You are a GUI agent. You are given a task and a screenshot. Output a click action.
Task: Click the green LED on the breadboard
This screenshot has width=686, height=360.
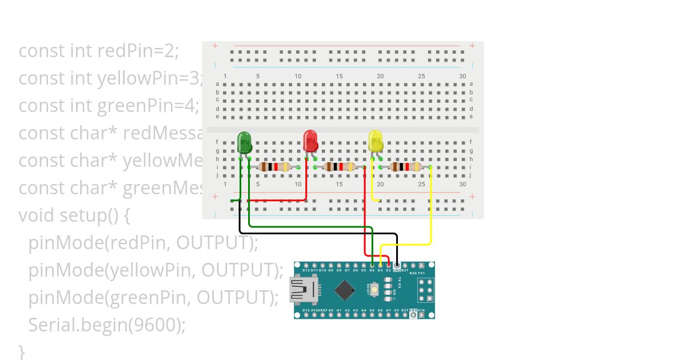click(x=244, y=142)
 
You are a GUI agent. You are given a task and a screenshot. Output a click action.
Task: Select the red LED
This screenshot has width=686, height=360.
click(x=310, y=141)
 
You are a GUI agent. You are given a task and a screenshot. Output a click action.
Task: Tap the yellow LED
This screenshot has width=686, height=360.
click(x=376, y=141)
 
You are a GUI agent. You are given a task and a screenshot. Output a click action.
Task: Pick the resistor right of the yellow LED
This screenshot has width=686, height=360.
click(x=405, y=167)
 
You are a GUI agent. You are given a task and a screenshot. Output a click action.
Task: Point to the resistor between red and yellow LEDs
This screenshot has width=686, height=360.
click(x=340, y=167)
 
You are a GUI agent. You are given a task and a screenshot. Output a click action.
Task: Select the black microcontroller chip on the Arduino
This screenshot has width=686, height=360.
click(x=344, y=290)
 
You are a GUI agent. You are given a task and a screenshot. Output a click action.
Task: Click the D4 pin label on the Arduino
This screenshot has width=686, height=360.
click(x=372, y=270)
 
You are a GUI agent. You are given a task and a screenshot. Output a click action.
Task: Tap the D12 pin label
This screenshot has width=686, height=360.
click(x=307, y=270)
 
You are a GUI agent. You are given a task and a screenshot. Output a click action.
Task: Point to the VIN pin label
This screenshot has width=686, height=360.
click(x=421, y=310)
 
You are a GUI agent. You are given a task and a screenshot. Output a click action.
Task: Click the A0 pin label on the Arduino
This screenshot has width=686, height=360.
click(x=331, y=310)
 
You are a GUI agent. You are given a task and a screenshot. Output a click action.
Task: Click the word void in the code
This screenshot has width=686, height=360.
click(x=35, y=215)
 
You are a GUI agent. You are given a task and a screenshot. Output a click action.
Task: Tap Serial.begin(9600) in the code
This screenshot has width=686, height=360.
click(x=107, y=325)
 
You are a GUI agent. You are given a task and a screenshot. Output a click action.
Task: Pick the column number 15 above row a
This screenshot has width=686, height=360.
click(x=340, y=77)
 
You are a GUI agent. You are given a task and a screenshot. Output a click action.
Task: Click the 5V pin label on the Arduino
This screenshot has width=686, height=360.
click(x=397, y=310)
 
